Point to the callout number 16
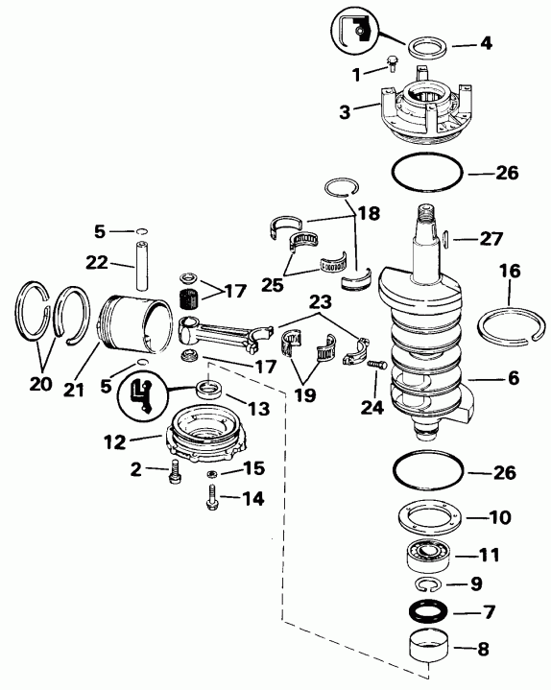pyautogui.click(x=509, y=273)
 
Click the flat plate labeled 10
pyautogui.click(x=429, y=519)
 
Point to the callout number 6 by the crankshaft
pyautogui.click(x=514, y=379)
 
